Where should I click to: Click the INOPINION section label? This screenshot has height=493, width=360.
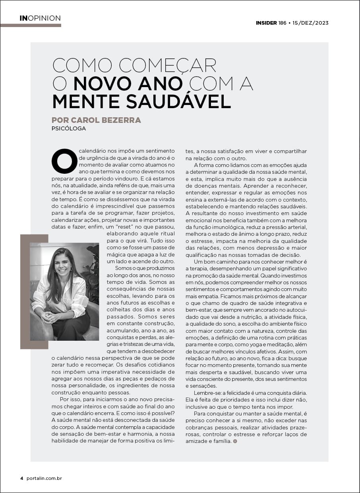point(40,18)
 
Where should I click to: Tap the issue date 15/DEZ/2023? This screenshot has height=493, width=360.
point(311,23)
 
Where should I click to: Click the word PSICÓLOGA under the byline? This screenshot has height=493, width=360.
point(69,128)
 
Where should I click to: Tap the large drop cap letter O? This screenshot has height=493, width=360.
point(64,161)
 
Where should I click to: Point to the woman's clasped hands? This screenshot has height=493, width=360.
point(51,316)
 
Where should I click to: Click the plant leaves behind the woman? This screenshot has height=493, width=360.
point(93,270)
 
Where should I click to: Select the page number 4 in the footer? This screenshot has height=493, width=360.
point(22,478)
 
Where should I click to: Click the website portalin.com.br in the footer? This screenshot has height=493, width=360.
point(44,478)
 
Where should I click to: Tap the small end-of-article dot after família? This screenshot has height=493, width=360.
point(235,441)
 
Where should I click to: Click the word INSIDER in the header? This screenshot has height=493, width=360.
point(266,23)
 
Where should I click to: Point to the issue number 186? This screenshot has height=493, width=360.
point(283,23)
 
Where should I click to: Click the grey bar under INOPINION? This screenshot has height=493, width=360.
point(31,25)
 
